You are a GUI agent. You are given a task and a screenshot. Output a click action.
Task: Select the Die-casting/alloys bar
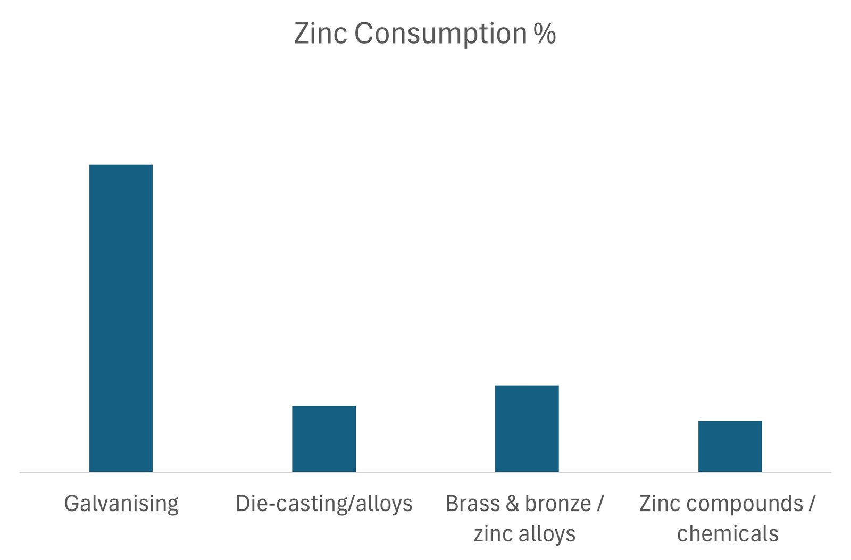(324, 439)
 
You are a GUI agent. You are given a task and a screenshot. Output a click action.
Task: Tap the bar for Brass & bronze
(527, 428)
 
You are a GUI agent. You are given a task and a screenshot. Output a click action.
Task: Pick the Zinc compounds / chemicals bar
(730, 446)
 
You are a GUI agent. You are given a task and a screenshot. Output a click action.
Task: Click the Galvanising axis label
(121, 504)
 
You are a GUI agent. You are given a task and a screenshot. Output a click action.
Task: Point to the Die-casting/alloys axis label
(324, 504)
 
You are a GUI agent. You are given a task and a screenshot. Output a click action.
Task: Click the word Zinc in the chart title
(320, 34)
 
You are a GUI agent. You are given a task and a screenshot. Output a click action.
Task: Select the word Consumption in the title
(440, 35)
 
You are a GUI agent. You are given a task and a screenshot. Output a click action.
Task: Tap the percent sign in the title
(545, 34)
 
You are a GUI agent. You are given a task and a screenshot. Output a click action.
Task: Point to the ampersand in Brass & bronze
(512, 504)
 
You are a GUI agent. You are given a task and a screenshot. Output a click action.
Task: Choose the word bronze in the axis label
(558, 504)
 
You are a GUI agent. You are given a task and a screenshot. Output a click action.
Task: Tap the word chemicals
(728, 533)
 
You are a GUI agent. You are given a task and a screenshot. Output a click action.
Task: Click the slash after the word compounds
(812, 504)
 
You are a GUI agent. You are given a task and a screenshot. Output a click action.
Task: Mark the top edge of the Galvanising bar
(121, 165)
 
